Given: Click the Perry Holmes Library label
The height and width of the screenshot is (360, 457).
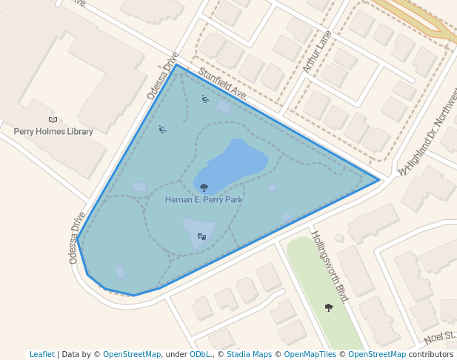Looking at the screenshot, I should click(x=53, y=132).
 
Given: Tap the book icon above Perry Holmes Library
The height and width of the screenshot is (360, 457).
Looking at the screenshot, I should click(x=53, y=120).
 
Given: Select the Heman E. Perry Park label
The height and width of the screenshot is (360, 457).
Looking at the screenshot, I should click(x=204, y=199).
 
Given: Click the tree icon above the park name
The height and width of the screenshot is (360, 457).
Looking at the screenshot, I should click(x=204, y=188).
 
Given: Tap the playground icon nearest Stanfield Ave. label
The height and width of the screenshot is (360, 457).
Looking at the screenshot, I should click(x=205, y=99).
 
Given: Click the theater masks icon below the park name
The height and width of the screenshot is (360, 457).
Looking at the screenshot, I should click(x=201, y=237).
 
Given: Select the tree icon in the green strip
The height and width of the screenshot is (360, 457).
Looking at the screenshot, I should click(x=329, y=307).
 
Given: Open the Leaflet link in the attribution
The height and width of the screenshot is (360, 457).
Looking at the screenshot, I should click(x=42, y=355).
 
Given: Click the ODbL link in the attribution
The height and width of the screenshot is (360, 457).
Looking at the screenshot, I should click(x=199, y=355).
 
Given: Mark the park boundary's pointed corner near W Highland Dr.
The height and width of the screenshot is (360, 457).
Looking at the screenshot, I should click(x=379, y=179).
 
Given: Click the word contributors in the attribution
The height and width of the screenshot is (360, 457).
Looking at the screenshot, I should click(x=431, y=355).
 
